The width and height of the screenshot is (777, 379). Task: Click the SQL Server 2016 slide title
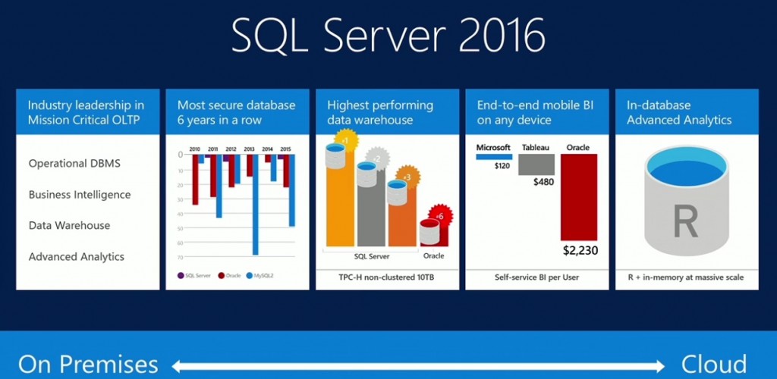(388, 35)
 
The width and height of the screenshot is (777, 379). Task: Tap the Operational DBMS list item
(74, 164)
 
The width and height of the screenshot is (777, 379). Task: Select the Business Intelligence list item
(80, 195)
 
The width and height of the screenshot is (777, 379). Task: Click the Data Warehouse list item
(69, 226)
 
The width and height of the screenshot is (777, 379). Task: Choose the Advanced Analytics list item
(76, 257)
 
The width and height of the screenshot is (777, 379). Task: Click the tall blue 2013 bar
(256, 205)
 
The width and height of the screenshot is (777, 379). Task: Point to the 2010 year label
(195, 148)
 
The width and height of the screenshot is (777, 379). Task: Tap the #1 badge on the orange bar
(344, 141)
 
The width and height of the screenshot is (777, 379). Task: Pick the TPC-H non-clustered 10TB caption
(386, 277)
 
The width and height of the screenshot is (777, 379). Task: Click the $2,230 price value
(580, 249)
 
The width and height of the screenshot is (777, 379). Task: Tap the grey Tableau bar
(536, 164)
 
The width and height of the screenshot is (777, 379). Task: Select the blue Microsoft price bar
(494, 156)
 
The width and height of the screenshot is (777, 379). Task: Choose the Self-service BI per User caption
(536, 277)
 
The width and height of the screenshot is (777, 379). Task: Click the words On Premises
(88, 364)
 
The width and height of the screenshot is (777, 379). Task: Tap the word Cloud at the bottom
(713, 364)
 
